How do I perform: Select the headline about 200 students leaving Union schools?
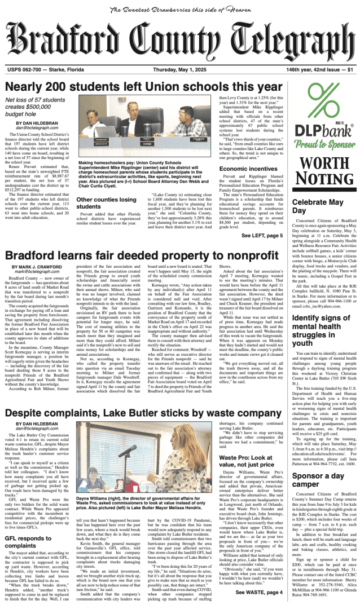(139, 87)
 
